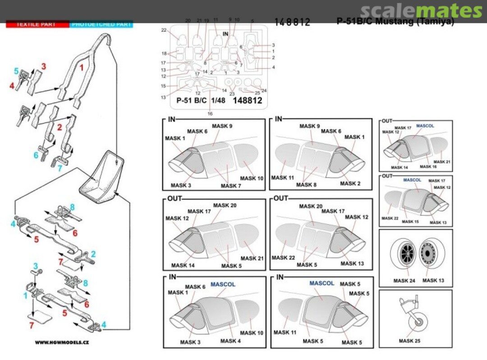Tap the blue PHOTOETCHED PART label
[x=101, y=24]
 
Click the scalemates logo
[x=422, y=10]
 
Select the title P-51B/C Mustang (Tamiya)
[x=395, y=22]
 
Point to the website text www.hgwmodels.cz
[x=62, y=342]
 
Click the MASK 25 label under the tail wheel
[x=409, y=341]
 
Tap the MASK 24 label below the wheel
[x=404, y=281]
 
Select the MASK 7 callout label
[x=231, y=185]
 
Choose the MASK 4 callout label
[x=231, y=341]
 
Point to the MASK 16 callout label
[x=427, y=166]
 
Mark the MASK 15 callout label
[x=410, y=222]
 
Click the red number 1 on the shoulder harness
[x=82, y=68]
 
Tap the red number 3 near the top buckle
[x=44, y=67]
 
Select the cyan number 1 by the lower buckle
[x=26, y=296]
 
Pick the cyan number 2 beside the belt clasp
[x=93, y=254]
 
